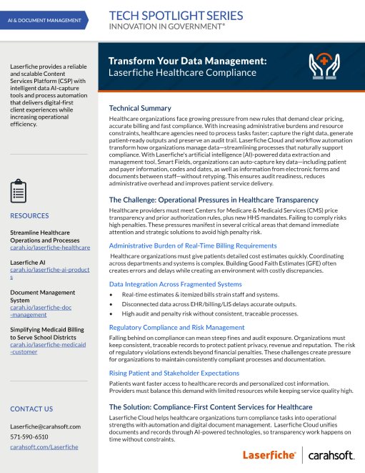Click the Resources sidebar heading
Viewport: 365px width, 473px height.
pyautogui.click(x=29, y=215)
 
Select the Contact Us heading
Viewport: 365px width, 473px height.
pyautogui.click(x=31, y=409)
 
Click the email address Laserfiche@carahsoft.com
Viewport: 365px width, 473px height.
pyautogui.click(x=45, y=426)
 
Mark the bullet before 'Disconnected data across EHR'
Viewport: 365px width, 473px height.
pyautogui.click(x=111, y=304)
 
